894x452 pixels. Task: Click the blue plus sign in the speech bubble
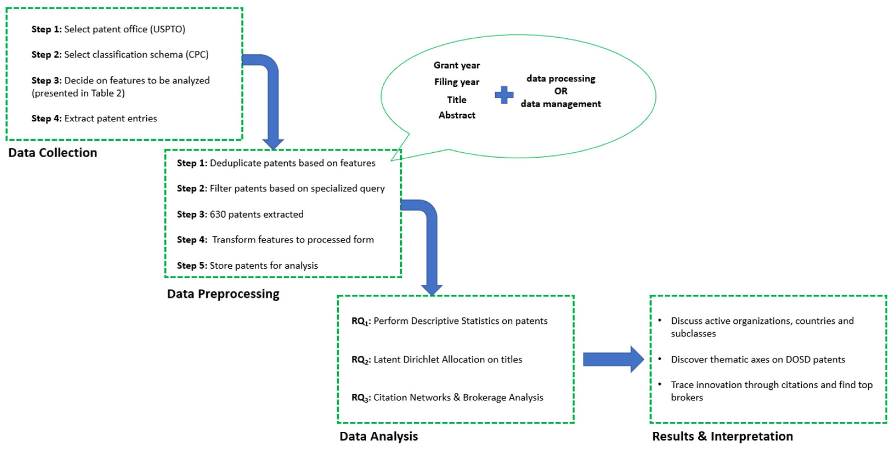504,95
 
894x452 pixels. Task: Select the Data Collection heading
53,152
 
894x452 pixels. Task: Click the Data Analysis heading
379,436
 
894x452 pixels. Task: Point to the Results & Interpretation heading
723,436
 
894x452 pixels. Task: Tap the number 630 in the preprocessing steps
217,214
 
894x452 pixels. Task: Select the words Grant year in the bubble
457,65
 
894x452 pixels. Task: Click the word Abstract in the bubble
457,115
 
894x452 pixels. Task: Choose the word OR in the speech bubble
561,91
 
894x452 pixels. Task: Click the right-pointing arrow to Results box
613,359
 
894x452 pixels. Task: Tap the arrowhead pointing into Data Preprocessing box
273,144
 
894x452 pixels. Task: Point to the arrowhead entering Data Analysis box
432,289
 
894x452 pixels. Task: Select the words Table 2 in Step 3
106,93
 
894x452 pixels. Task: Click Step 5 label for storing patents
192,266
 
